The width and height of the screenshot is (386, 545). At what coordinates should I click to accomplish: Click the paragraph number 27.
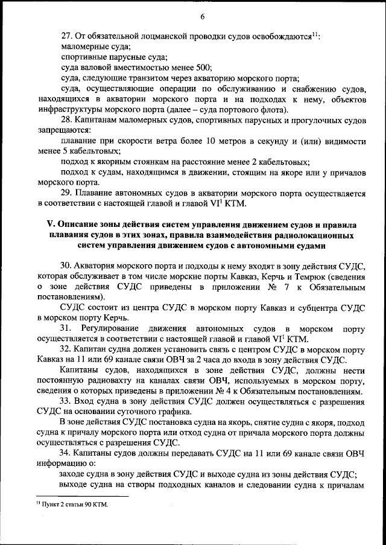coord(68,36)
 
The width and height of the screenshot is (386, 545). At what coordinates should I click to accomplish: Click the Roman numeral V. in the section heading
coord(51,225)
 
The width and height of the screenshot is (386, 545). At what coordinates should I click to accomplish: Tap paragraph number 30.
coord(68,266)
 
